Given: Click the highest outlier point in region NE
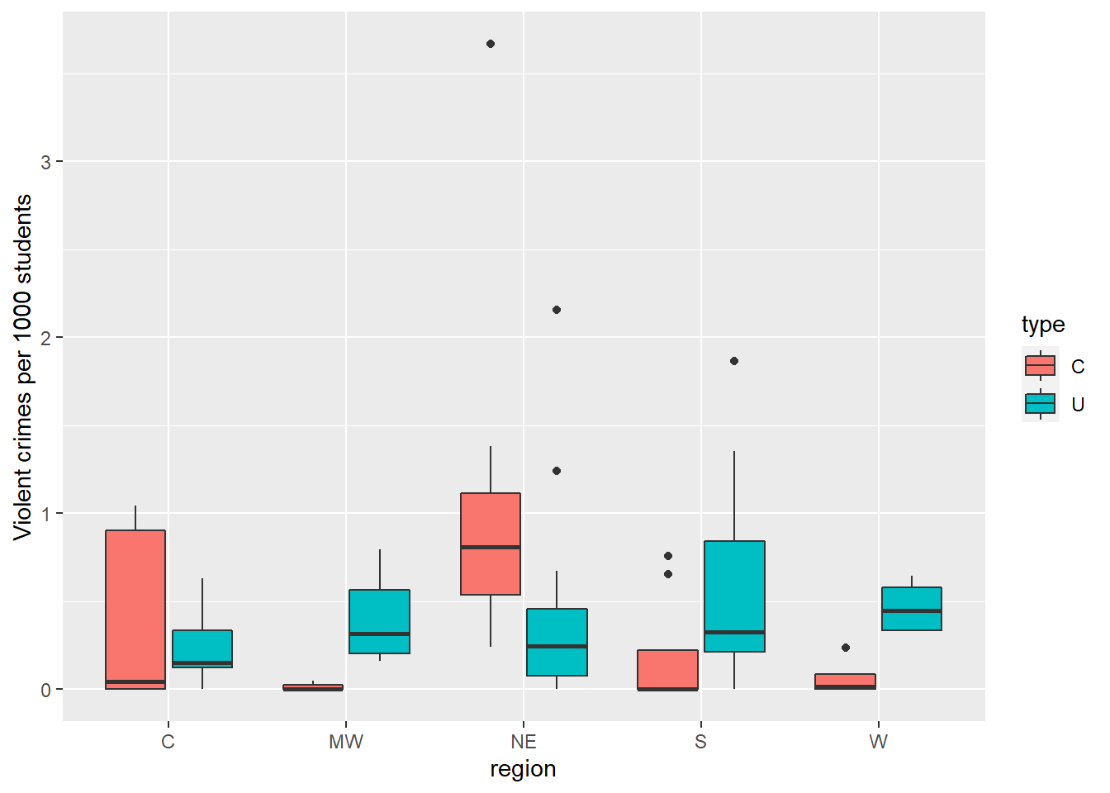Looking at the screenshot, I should (491, 44).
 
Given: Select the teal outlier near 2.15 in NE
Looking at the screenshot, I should (557, 310).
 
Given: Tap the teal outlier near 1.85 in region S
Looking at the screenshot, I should (734, 361).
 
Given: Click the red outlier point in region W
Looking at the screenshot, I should (846, 648).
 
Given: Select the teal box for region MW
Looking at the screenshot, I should (379, 621).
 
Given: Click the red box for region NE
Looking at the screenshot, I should (491, 544).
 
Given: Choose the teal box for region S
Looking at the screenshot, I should (734, 596).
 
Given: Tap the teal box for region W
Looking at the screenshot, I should (912, 609).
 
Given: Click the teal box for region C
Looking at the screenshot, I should (202, 648).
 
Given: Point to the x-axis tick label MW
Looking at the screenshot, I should (346, 742).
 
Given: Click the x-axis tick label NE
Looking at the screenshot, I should (524, 742).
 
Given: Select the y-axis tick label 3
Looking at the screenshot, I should (45, 162).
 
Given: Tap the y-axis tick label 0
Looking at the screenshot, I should (45, 690).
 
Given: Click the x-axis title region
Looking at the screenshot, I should (523, 769).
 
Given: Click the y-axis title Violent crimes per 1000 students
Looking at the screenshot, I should (23, 367).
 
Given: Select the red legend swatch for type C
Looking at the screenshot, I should (1040, 365).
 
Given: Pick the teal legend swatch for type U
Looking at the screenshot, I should (1040, 404).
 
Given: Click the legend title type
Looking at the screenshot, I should (1043, 325).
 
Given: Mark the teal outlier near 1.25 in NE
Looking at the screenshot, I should (557, 471).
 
